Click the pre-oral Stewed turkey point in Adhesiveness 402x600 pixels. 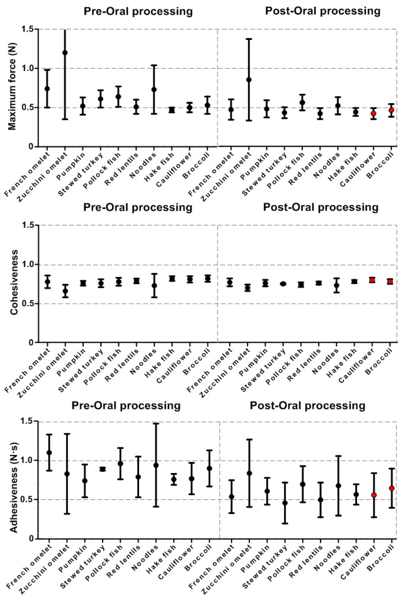[x=103, y=469]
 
